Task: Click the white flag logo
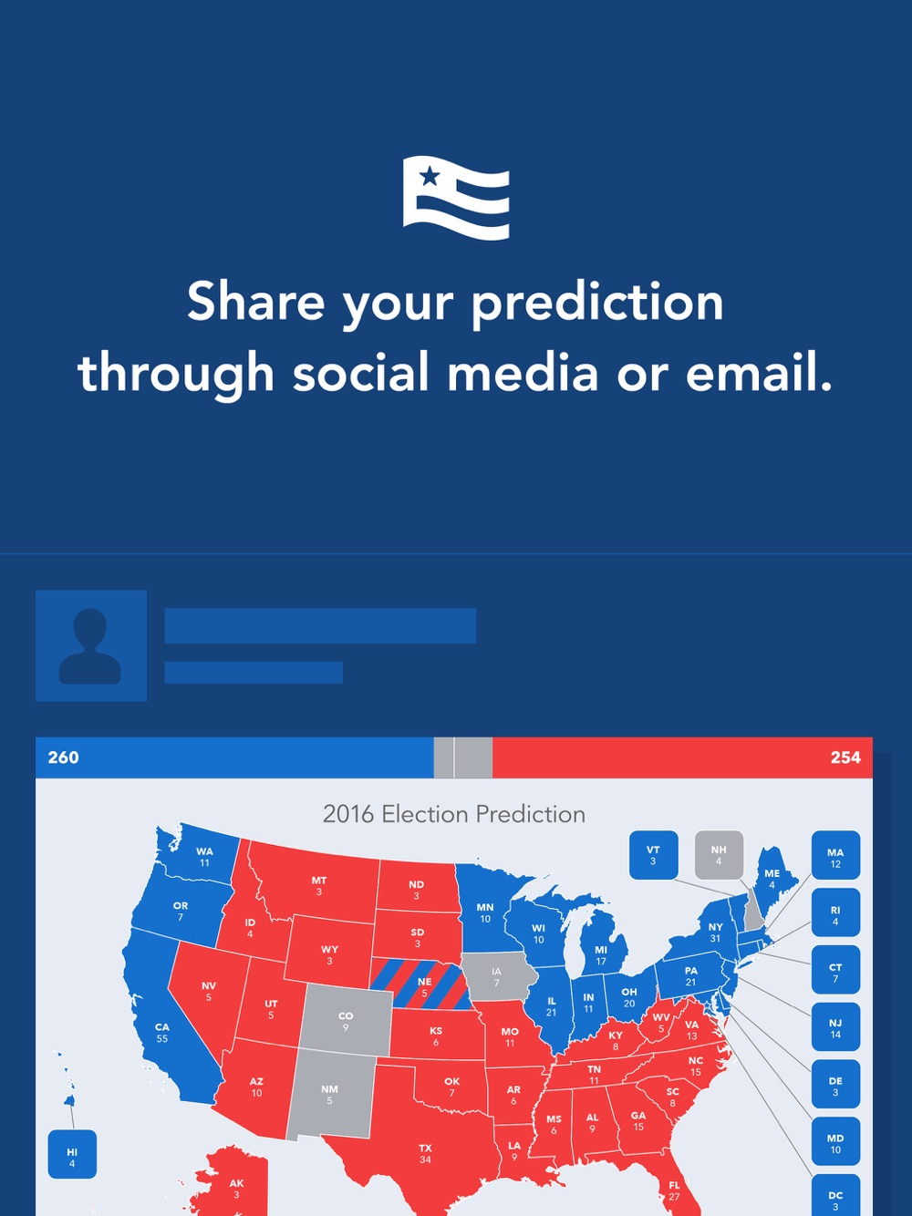coord(455,198)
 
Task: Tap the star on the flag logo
coord(430,177)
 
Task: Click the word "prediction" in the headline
coord(598,304)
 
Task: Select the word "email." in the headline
coord(759,372)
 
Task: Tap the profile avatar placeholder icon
coord(91,645)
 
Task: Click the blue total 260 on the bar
coord(63,757)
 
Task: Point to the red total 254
coord(845,757)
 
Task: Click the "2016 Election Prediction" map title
coord(454,814)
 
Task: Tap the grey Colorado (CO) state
coord(347,1020)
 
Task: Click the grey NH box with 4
coord(719,855)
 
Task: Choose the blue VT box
coord(653,855)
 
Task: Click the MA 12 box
coord(835,855)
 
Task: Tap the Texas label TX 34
coord(425,1153)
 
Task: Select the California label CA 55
coord(161,1033)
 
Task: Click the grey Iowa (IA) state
coord(497,976)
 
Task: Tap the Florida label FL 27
coord(674,1190)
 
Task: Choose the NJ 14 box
coord(835,1027)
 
